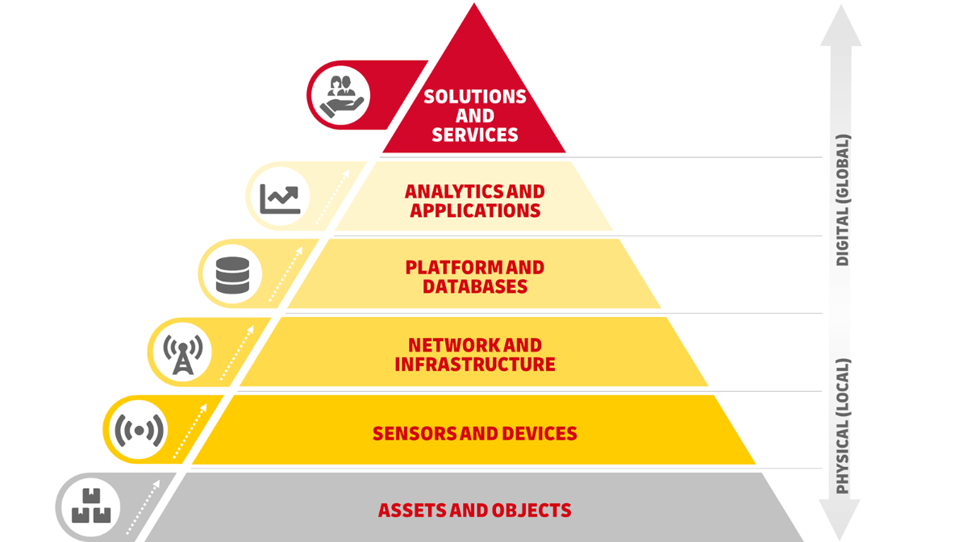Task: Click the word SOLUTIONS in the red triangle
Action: [474, 97]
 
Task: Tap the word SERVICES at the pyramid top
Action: [474, 135]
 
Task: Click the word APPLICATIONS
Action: [474, 211]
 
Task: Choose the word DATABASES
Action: [474, 287]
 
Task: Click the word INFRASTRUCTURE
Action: [474, 365]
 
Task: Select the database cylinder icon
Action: [232, 274]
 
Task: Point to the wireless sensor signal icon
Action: [139, 431]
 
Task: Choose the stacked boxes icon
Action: [90, 507]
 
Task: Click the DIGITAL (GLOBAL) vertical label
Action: [842, 200]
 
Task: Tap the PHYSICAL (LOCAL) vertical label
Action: [842, 426]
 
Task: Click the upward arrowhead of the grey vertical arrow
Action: [840, 27]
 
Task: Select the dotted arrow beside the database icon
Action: [286, 277]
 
